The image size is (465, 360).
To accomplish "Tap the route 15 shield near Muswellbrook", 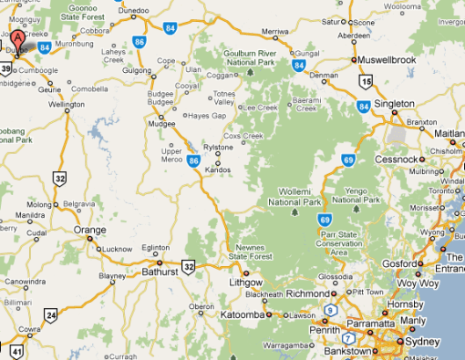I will coord(366,81).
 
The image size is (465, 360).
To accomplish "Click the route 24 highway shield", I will coord(51,316).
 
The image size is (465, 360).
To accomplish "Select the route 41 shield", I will coord(17,351).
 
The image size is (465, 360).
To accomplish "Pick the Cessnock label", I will coord(418,156).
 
